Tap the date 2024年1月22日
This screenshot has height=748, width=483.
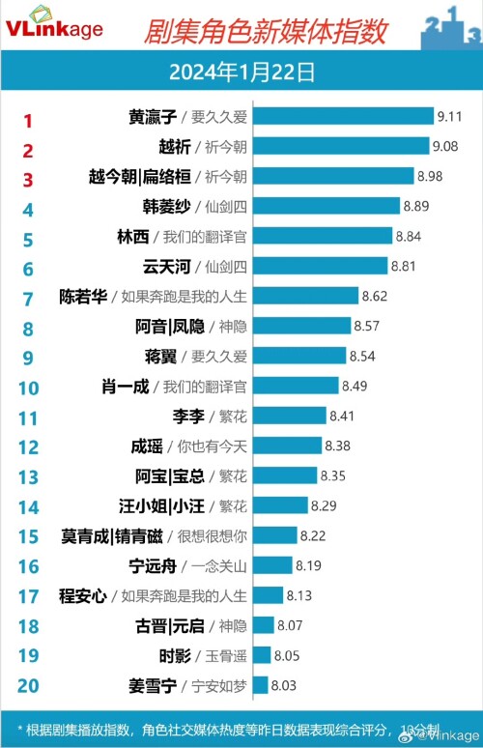pyautogui.click(x=241, y=71)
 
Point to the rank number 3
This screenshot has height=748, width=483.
pyautogui.click(x=28, y=180)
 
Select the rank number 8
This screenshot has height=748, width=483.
pyautogui.click(x=28, y=329)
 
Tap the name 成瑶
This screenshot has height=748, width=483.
pyautogui.click(x=151, y=446)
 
